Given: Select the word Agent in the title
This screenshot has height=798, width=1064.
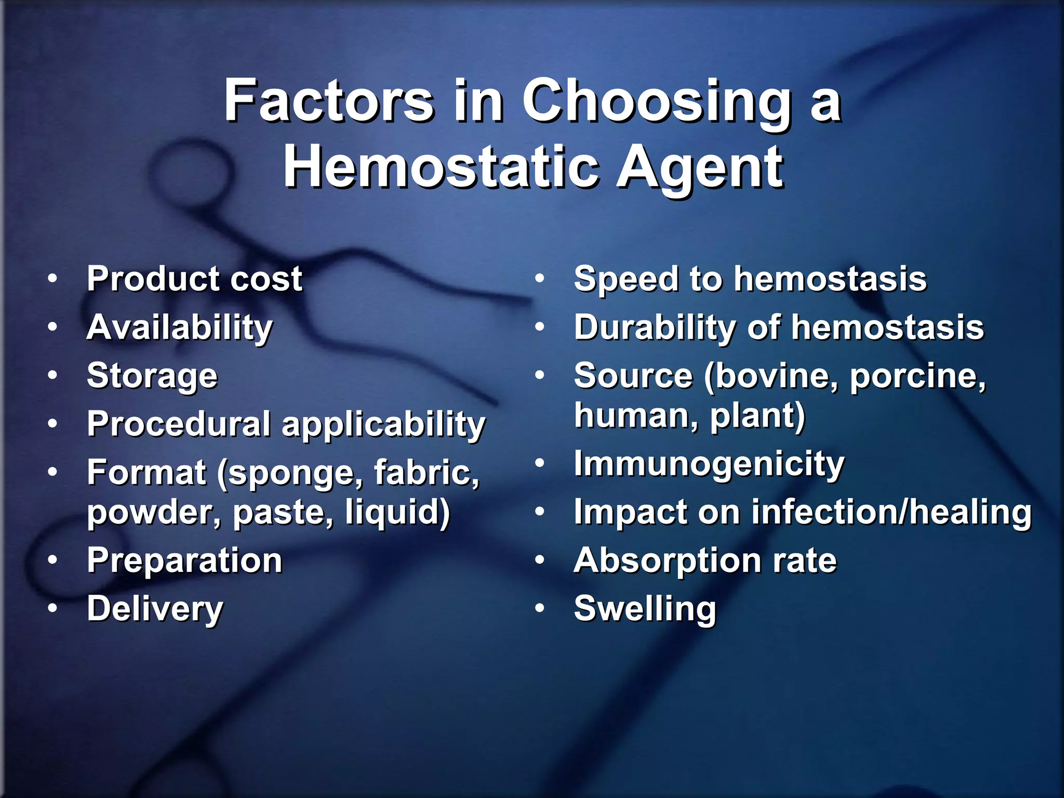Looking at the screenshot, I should coord(699,168).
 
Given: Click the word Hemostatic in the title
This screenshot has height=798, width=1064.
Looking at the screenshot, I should coord(440,168).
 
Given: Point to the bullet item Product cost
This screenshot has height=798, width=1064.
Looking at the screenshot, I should coord(194,279).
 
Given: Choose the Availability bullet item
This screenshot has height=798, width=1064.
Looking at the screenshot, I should coord(179,328).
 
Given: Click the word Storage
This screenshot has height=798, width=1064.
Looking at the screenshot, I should coord(152,376).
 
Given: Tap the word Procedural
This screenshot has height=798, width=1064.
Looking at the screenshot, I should coord(179,424).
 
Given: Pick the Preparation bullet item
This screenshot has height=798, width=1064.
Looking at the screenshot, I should coord(184,561).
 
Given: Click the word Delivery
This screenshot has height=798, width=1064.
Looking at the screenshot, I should coord(155,609).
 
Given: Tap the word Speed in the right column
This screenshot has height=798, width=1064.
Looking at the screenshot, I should coord(626,280).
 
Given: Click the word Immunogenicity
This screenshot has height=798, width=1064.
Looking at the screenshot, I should coord(709,464).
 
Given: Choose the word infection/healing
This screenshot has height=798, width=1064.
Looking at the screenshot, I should coord(891,512).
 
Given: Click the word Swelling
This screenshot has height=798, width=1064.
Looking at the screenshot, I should coord(645,609).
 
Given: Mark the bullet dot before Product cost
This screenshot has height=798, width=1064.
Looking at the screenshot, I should coord(52,279).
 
